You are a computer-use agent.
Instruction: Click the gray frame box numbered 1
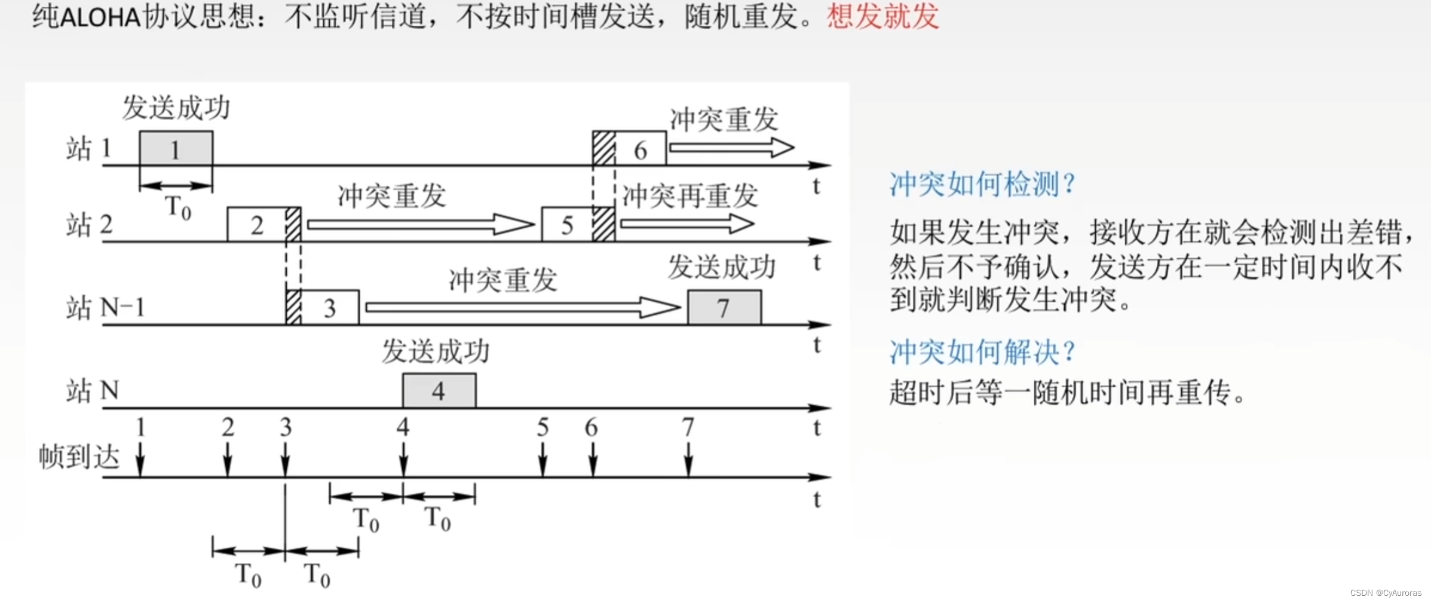click(176, 148)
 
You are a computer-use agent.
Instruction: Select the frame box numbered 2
click(258, 225)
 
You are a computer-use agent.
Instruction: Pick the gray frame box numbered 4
click(439, 391)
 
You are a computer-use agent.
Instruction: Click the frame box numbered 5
click(567, 225)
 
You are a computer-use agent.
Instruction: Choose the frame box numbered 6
click(641, 149)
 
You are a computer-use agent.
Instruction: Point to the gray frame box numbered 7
click(724, 308)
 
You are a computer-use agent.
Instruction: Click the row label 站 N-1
click(105, 308)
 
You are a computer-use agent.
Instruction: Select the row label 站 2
click(89, 225)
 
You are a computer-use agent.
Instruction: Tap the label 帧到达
click(79, 457)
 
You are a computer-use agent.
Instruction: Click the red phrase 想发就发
click(882, 16)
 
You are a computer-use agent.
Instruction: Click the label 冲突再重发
click(690, 196)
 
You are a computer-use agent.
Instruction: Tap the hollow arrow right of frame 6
click(731, 148)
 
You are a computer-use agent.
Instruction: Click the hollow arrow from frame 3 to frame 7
click(522, 307)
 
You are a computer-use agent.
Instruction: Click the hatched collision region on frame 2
click(293, 225)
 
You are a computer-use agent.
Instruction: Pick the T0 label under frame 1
click(178, 208)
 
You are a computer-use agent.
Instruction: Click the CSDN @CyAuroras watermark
click(1385, 593)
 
